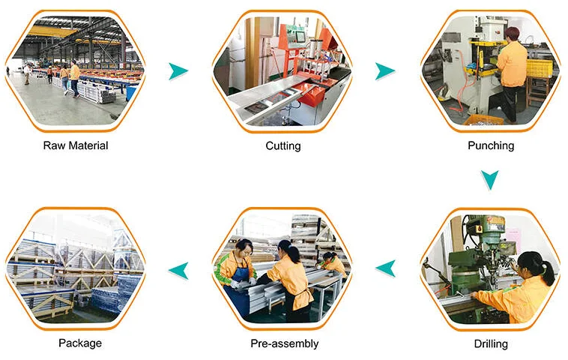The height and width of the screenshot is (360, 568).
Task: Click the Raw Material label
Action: tap(76, 145)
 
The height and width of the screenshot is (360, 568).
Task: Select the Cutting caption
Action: tap(283, 145)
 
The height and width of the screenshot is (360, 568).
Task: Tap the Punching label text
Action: tap(491, 145)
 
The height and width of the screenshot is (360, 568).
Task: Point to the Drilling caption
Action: tap(491, 343)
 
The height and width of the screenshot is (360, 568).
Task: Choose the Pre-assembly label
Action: tap(284, 343)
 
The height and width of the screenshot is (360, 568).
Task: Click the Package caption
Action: tap(80, 343)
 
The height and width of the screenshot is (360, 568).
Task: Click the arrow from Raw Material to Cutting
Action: tap(178, 71)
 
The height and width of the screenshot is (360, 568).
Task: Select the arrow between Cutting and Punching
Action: tap(384, 71)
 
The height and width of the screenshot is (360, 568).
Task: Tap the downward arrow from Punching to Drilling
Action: tap(489, 179)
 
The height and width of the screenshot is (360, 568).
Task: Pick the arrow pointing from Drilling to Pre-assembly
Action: tap(386, 265)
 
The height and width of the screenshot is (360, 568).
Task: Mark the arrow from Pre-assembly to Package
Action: tap(178, 266)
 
